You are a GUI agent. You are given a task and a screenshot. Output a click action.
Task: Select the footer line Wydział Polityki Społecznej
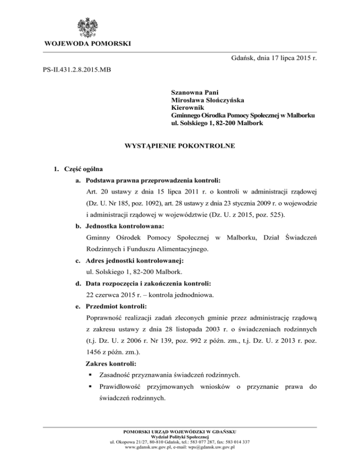(x=180, y=436)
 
